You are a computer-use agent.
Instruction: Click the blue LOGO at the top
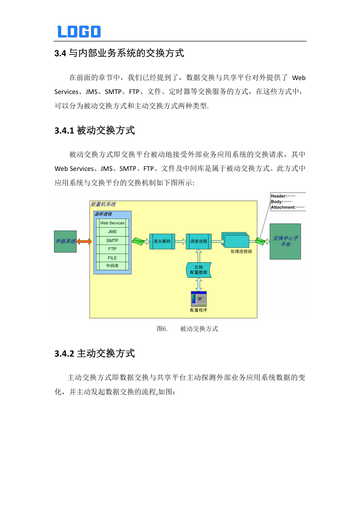tap(79, 31)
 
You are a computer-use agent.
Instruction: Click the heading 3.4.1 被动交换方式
tap(94, 131)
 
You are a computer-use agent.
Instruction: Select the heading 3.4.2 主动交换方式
tap(94, 353)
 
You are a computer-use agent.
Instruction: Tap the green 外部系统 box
tap(65, 241)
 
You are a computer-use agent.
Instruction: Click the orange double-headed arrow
tap(84, 241)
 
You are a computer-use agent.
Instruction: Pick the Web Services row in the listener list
tap(112, 223)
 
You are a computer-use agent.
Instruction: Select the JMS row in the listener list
tap(112, 232)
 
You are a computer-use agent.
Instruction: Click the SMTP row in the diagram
tap(112, 240)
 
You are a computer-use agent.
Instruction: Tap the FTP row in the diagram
tap(112, 249)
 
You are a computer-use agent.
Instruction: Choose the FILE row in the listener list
tap(112, 258)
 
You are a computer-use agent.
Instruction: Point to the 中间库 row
tap(112, 266)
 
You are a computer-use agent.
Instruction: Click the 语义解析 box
tap(162, 241)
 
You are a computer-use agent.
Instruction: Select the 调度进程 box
tap(198, 241)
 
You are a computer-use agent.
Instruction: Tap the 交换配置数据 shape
tap(198, 270)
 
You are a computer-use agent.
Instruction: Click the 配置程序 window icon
tap(198, 299)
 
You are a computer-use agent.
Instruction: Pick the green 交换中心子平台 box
tap(285, 241)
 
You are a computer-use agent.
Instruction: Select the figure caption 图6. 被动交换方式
tap(187, 329)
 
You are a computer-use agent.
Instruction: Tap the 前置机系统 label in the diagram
tap(103, 204)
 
